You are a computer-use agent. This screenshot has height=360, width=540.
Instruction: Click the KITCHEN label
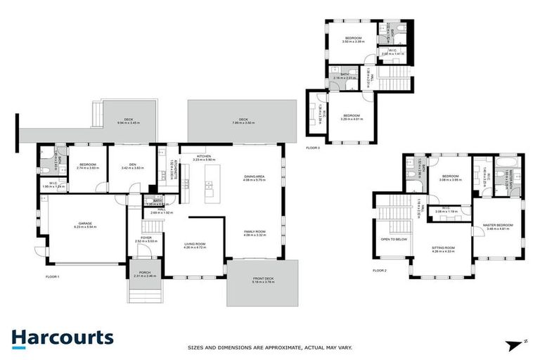click(x=204, y=156)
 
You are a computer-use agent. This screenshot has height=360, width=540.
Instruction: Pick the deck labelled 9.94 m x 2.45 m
click(x=129, y=120)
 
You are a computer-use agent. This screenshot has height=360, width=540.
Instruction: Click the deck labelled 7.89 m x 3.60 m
click(x=243, y=120)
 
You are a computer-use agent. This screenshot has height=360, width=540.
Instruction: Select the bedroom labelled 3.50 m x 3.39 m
click(x=353, y=39)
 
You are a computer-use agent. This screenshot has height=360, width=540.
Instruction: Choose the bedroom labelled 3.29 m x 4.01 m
click(x=352, y=116)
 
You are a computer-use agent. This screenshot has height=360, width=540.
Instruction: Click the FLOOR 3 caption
click(x=313, y=148)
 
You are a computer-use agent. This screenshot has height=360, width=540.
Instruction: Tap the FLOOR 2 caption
click(x=380, y=270)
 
